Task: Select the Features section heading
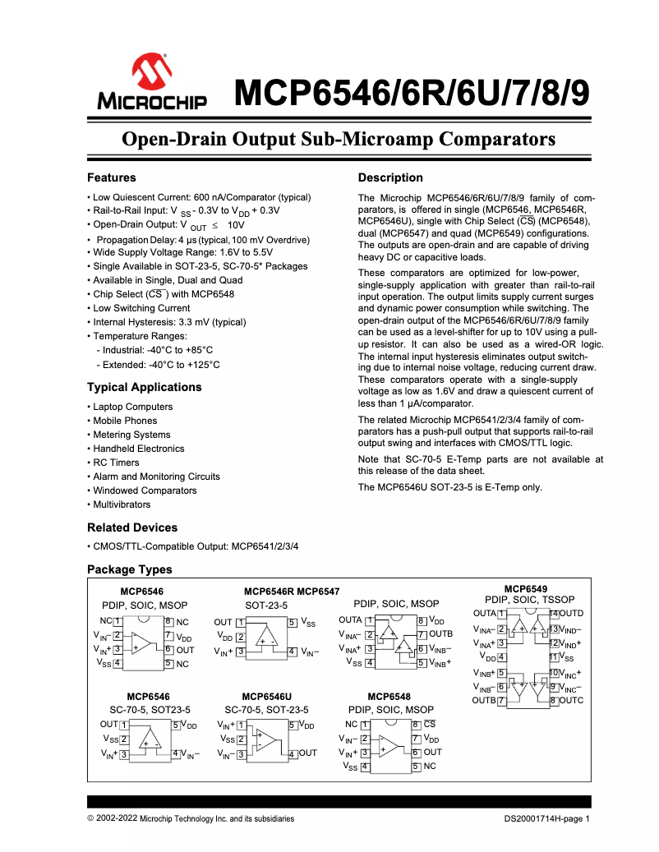(112, 177)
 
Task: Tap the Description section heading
(390, 177)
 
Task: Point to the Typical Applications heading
(144, 387)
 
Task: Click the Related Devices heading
(132, 527)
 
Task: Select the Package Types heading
(130, 569)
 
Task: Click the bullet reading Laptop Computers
(132, 407)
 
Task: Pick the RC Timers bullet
(116, 463)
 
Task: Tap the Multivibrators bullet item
(122, 504)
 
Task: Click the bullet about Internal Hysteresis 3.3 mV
(168, 322)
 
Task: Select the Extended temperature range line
(158, 364)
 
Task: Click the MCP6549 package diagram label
(525, 589)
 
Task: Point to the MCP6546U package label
(266, 697)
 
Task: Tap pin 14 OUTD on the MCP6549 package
(567, 614)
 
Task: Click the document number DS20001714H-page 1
(547, 819)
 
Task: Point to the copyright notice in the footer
(191, 819)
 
